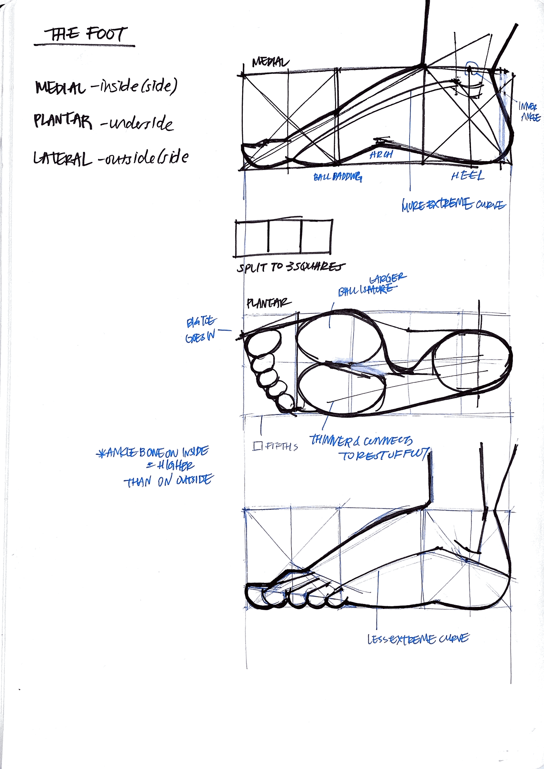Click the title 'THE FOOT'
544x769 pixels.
(x=85, y=34)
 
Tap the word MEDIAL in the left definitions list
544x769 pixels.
(x=60, y=87)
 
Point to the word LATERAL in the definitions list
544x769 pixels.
(x=63, y=158)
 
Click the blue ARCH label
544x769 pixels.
(x=381, y=155)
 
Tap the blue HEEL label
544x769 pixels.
(x=467, y=176)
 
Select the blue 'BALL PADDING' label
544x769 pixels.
(x=338, y=177)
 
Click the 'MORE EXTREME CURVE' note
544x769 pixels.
(x=453, y=204)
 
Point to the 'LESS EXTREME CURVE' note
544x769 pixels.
(x=418, y=639)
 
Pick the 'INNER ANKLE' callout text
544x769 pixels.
(x=530, y=111)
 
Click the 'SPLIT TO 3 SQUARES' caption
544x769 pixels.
(x=291, y=267)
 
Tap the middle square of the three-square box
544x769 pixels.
(x=284, y=237)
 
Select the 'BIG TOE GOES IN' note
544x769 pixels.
(x=201, y=330)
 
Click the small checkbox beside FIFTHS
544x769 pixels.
(x=257, y=446)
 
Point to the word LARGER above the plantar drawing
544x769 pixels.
(x=387, y=278)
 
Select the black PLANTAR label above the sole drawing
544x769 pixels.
(x=268, y=303)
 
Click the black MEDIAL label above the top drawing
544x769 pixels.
(x=270, y=62)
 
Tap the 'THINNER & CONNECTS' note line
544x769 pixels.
(x=361, y=440)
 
